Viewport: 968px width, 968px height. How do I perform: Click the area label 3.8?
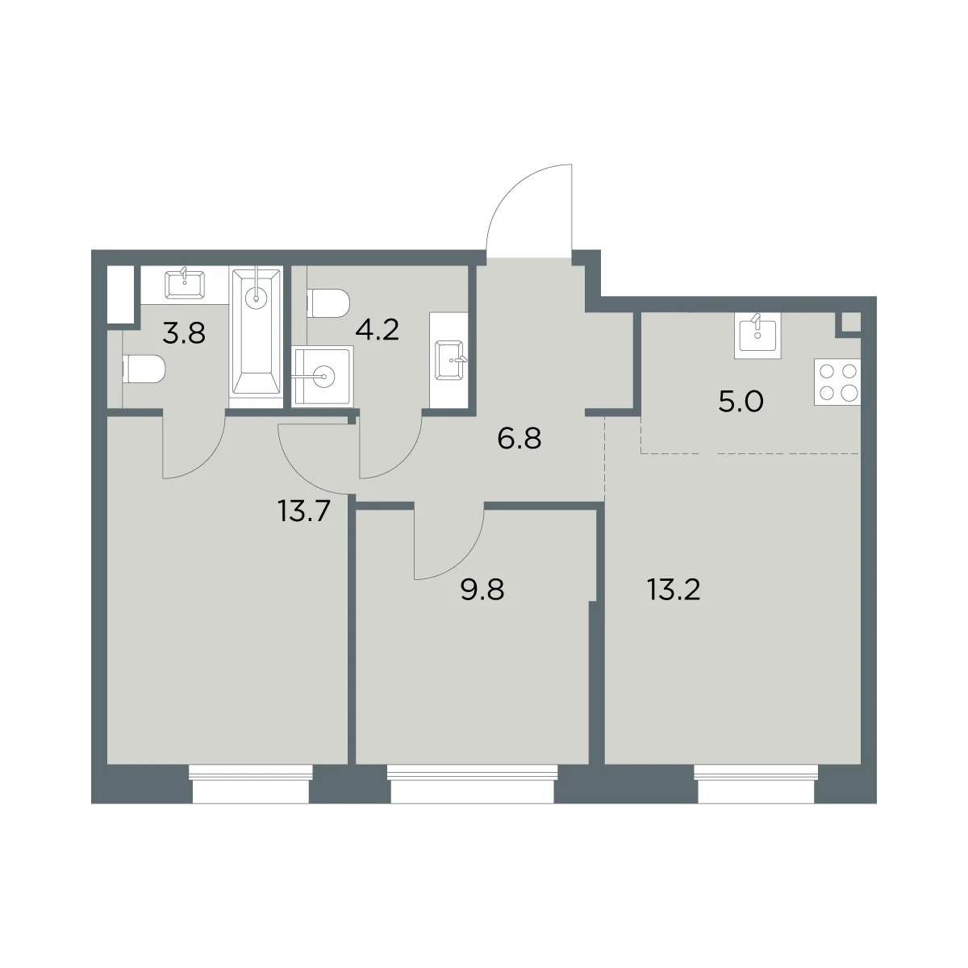tap(184, 333)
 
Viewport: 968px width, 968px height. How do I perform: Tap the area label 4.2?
tap(377, 330)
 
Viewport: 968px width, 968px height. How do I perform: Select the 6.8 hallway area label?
tap(519, 438)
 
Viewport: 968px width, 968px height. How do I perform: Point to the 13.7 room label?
tap(303, 511)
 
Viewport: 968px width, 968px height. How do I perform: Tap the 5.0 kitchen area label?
tap(741, 402)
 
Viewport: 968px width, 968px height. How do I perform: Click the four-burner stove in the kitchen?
tap(837, 382)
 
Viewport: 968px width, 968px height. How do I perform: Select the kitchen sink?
tap(757, 335)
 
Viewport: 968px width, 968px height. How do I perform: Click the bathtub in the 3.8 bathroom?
tap(256, 337)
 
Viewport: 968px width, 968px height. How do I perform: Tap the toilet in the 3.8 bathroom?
tap(144, 369)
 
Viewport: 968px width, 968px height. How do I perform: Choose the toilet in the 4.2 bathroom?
tap(328, 303)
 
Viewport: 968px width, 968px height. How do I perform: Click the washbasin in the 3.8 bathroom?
tap(185, 284)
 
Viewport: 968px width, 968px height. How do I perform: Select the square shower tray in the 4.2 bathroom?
tap(323, 376)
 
